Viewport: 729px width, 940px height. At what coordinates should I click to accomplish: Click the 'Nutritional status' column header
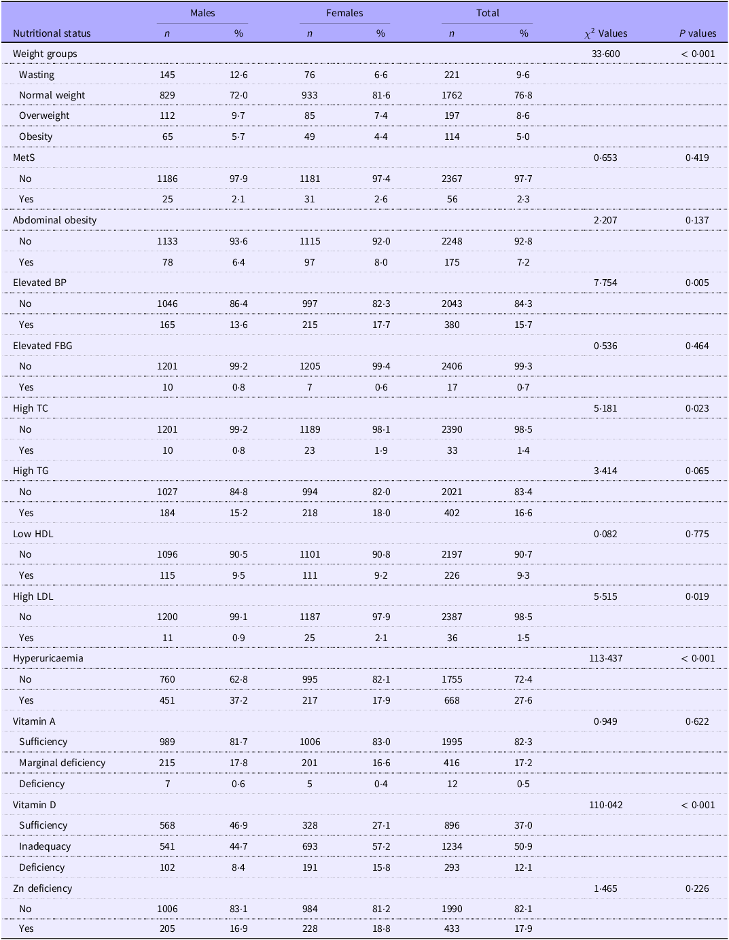coord(52,33)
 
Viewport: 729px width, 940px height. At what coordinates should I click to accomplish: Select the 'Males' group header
coord(202,13)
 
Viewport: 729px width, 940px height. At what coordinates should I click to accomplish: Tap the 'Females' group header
coord(344,13)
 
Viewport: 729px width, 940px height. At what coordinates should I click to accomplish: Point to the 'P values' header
coord(698,33)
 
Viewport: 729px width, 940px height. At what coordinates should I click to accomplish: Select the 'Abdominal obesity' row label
coord(55,220)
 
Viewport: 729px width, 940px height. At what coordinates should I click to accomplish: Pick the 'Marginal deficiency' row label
coord(63,763)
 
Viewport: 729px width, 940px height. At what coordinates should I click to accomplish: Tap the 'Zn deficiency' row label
coord(42,888)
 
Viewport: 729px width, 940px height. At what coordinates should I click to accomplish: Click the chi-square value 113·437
coord(605,658)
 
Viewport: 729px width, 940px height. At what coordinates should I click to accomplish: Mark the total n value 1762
coord(452,95)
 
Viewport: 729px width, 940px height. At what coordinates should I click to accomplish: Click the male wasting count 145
coord(167,75)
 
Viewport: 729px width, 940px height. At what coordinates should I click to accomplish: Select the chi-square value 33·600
coord(605,54)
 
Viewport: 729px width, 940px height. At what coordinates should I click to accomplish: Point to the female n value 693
coord(310,846)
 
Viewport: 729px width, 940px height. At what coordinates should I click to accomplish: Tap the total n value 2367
coord(452,179)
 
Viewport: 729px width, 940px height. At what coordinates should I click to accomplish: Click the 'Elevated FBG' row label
coord(43,346)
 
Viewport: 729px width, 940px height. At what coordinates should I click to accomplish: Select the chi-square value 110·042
coord(605,805)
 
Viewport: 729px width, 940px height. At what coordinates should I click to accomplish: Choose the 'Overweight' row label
coord(44,115)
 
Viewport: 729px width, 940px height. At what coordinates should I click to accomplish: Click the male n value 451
coord(167,700)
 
